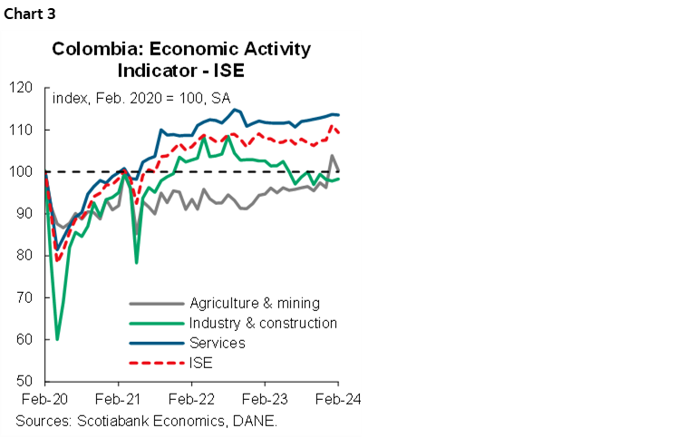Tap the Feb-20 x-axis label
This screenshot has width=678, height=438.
point(44,398)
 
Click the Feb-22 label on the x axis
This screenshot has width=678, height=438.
point(193,398)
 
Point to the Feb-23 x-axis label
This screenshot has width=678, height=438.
point(266,398)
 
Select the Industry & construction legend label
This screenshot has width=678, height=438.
point(263,323)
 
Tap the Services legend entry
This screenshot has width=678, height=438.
point(217,343)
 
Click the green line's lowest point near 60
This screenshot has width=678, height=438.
point(57,339)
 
